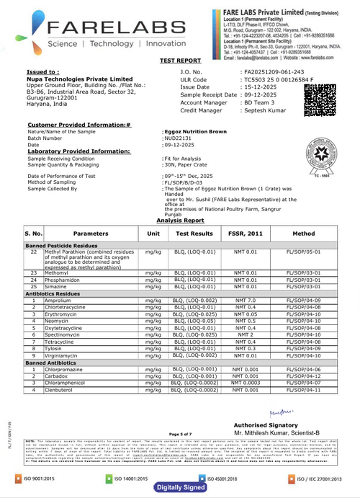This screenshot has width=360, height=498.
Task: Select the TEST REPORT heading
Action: pos(180,62)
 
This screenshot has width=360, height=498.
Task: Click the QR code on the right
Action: pos(319,97)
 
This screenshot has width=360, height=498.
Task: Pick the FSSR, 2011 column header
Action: pos(245,214)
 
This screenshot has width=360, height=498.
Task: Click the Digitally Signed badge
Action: pos(180,488)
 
